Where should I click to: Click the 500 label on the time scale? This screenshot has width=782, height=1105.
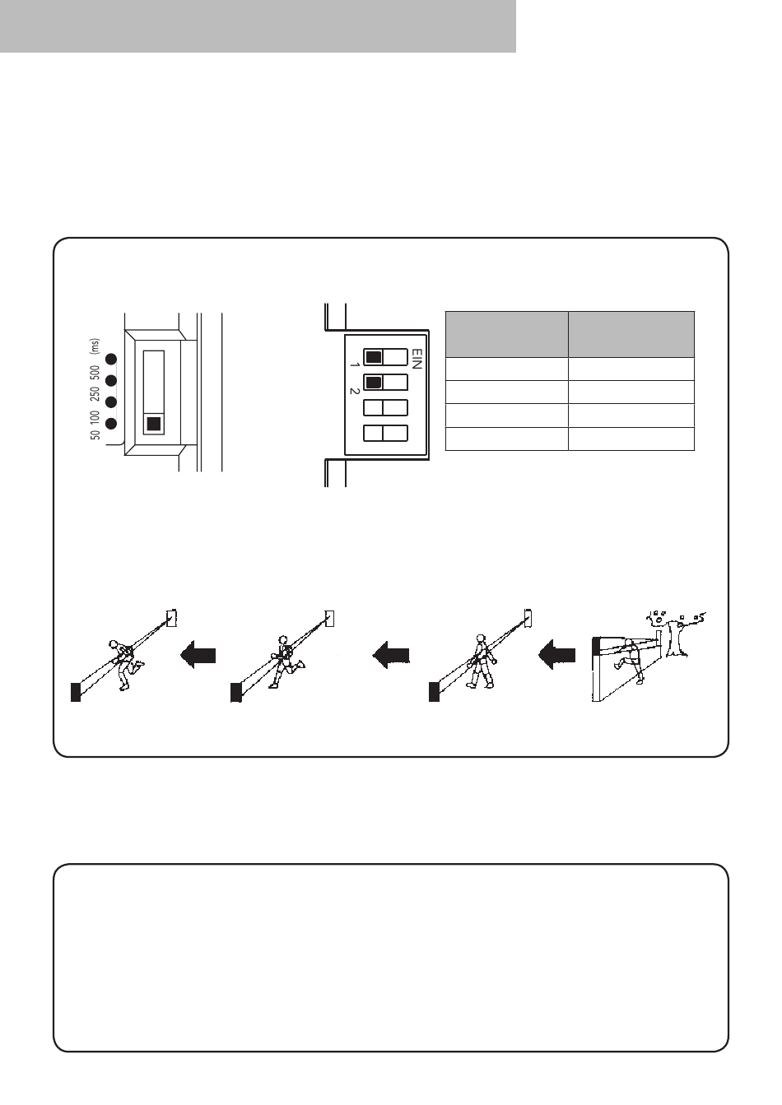(95, 373)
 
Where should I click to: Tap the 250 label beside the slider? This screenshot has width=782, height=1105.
(95, 395)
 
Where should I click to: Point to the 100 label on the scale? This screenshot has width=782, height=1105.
(95, 417)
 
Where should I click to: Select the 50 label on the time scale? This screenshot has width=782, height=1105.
(95, 434)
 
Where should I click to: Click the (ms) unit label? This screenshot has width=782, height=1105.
(95, 346)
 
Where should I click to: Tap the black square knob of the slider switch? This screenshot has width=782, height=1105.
(154, 424)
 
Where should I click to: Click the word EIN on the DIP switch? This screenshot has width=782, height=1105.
(417, 359)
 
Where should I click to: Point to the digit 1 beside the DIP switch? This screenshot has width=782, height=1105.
(354, 365)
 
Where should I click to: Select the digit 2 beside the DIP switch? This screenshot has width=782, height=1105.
(354, 391)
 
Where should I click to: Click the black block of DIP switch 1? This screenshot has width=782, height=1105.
(374, 356)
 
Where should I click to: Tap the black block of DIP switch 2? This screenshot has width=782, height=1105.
(374, 383)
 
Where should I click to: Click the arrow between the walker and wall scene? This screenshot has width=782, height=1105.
(556, 655)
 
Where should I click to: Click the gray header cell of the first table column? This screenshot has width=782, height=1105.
(506, 334)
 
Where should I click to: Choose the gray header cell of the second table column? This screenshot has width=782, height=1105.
(631, 334)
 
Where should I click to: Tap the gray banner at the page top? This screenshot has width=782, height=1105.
(258, 26)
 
